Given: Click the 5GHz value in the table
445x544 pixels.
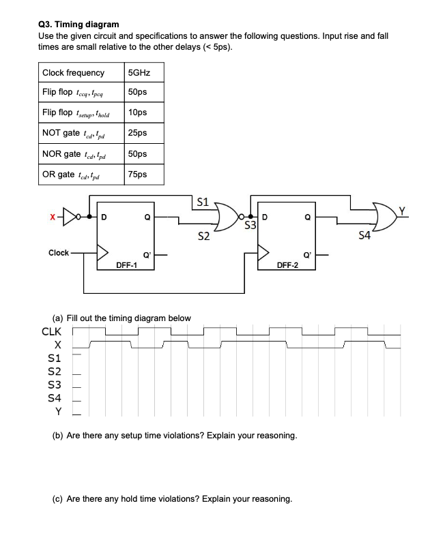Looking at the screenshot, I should click(x=139, y=72).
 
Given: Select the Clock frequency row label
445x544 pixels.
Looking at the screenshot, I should click(x=74, y=72).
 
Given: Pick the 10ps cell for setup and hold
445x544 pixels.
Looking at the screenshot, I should click(x=137, y=113).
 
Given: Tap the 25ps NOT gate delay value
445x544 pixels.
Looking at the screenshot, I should click(x=137, y=134).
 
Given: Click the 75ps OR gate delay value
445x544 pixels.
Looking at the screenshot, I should click(x=137, y=175).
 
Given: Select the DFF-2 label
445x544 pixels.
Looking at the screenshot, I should click(x=287, y=265).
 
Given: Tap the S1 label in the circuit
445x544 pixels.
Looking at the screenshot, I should click(x=202, y=202).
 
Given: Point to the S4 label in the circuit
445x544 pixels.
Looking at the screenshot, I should click(x=365, y=237).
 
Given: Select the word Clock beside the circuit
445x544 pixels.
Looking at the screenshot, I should click(x=58, y=253).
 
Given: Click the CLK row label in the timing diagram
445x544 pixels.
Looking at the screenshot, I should click(x=52, y=332).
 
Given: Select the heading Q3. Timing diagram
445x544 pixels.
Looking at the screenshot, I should click(x=78, y=24).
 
